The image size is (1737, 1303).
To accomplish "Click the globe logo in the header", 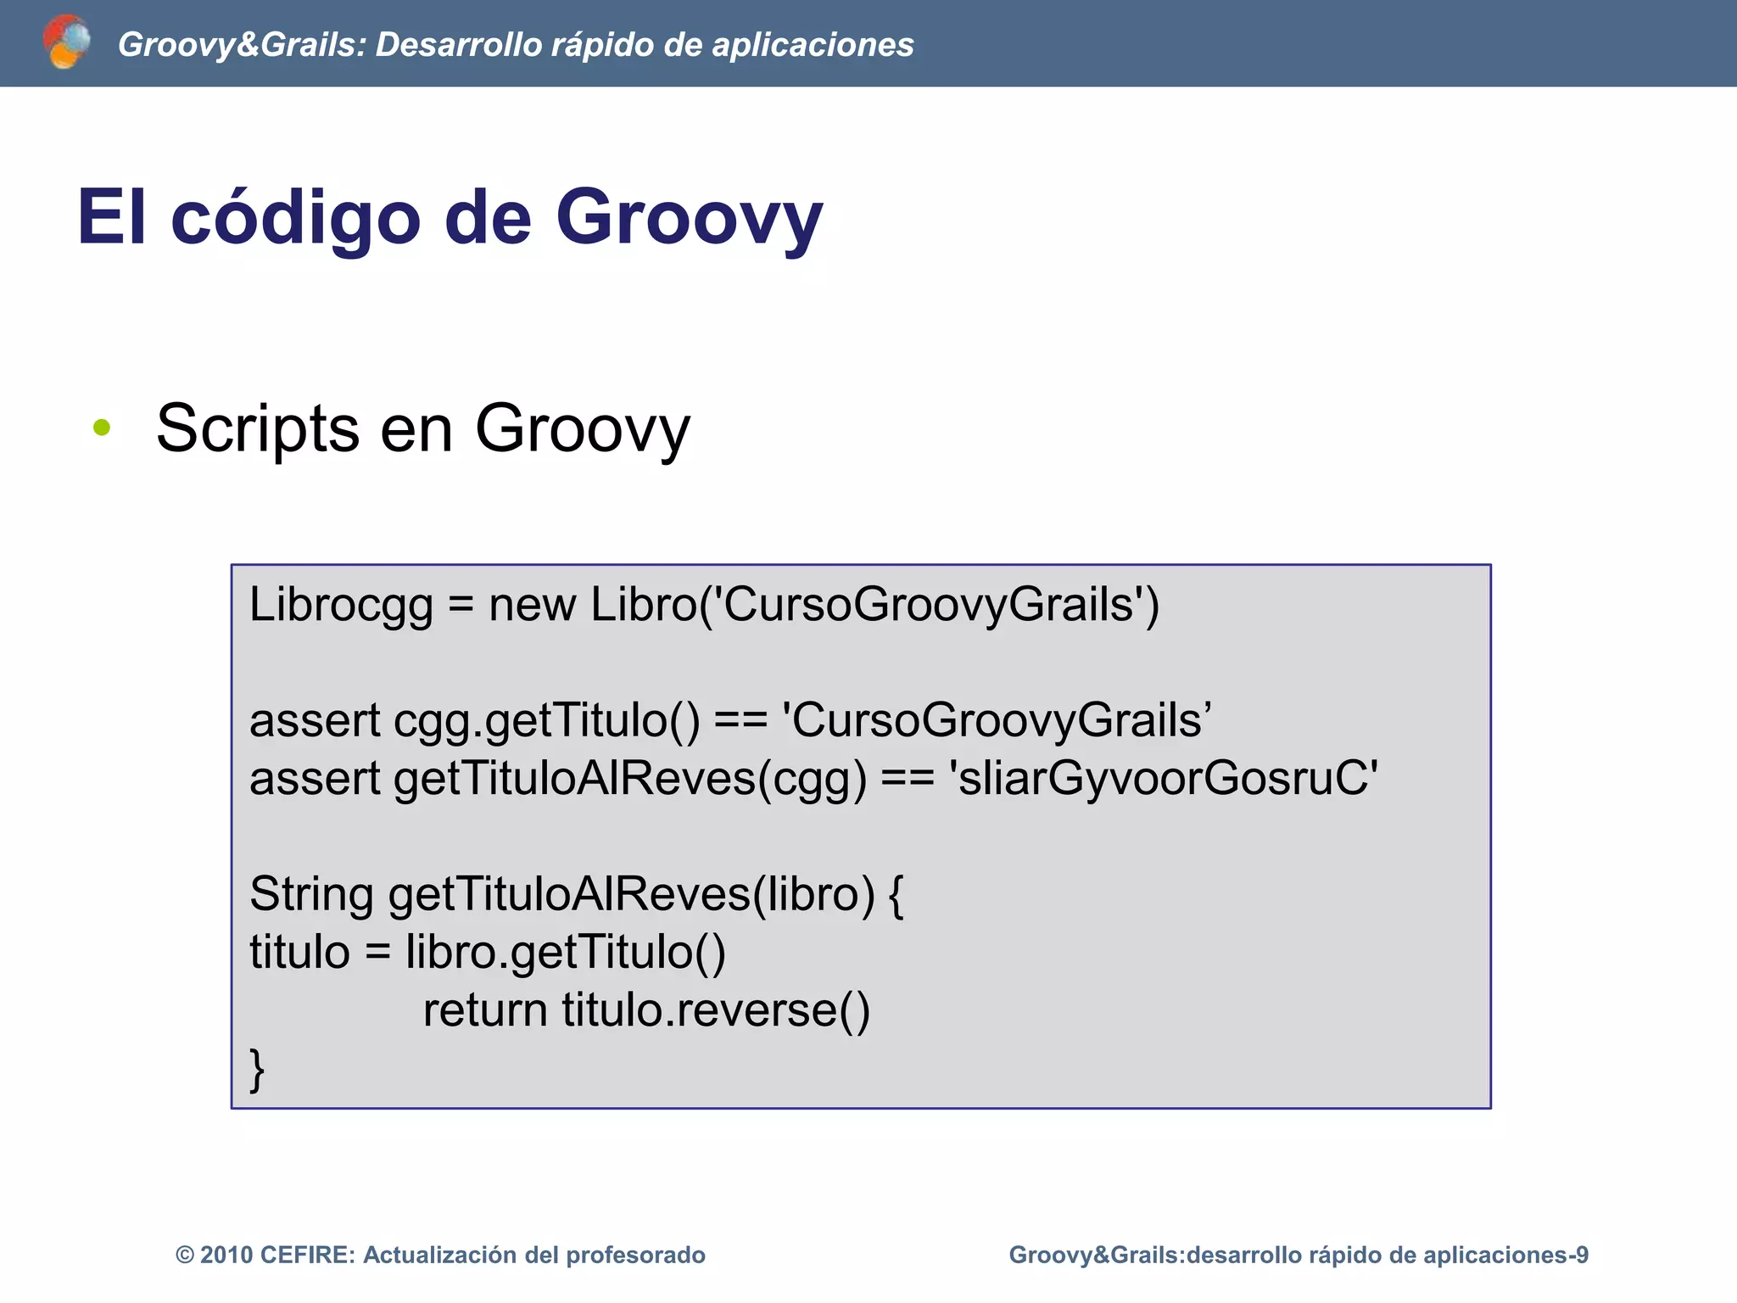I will pyautogui.click(x=66, y=42).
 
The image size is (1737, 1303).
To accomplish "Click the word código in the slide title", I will pyautogui.click(x=295, y=217).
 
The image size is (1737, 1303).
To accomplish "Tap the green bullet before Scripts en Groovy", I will pyautogui.click(x=102, y=428).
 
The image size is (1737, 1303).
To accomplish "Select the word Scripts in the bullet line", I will pyautogui.click(x=257, y=429).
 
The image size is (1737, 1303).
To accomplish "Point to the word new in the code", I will pyautogui.click(x=532, y=605).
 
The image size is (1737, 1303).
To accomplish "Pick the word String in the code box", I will pyautogui.click(x=311, y=894).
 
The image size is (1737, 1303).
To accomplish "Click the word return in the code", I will pyautogui.click(x=485, y=1009).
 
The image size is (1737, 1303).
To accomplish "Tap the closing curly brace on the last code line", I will pyautogui.click(x=257, y=1069).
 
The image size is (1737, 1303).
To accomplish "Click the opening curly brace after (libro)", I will pyautogui.click(x=896, y=895).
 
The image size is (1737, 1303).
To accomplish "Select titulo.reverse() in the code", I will pyautogui.click(x=716, y=1009).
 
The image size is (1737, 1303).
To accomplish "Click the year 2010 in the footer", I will pyautogui.click(x=226, y=1255).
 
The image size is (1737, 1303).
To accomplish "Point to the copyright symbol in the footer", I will pyautogui.click(x=185, y=1255).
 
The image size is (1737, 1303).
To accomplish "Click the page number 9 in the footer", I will pyautogui.click(x=1581, y=1255).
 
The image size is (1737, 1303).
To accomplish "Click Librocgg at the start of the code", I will pyautogui.click(x=341, y=606).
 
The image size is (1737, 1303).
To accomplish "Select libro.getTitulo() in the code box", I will pyautogui.click(x=566, y=952).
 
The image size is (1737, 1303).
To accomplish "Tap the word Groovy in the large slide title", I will pyautogui.click(x=689, y=217).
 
